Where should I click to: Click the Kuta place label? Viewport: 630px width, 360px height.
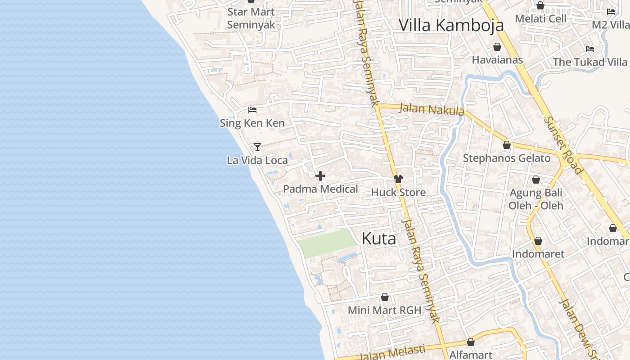379,239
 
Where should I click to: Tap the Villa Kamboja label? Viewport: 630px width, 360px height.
451,25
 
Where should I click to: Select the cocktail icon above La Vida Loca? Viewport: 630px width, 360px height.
257,147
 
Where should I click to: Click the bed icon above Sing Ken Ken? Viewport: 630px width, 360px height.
252,109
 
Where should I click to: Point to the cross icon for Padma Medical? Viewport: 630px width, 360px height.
320,175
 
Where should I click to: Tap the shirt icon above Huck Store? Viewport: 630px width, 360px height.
398,179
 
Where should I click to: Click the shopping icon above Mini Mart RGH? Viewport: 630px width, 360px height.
384,297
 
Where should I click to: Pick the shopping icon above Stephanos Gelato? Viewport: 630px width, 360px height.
507,145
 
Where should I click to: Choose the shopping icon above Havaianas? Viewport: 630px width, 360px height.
497,47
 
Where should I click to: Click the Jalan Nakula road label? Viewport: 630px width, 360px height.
431,109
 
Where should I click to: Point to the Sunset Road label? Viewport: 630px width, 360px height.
563,145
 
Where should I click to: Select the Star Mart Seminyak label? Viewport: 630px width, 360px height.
251,18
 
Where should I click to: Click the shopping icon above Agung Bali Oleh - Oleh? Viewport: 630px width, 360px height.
536,180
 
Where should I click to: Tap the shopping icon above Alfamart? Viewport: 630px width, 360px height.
471,342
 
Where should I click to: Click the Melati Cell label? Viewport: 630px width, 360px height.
540,18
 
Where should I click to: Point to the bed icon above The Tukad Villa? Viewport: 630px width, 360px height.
590,49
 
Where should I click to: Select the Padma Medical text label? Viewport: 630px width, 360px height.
320,189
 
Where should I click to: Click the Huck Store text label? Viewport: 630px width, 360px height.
398,193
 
